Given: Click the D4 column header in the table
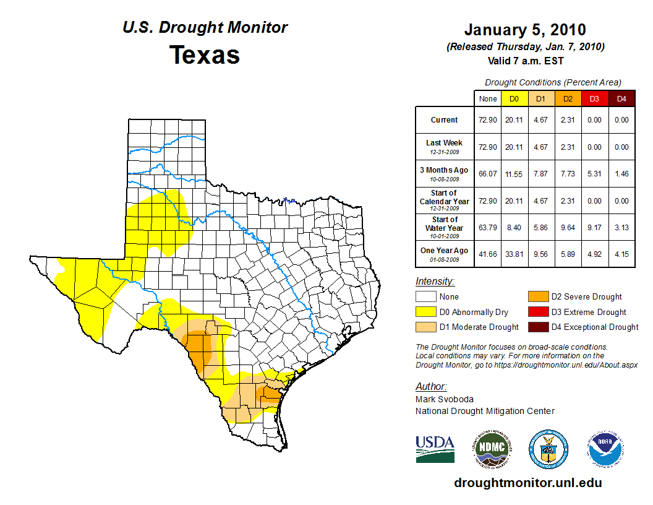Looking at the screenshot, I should pos(621,98).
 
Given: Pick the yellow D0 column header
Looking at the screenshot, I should pos(514,98).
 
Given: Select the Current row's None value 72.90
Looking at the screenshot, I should pos(488,120).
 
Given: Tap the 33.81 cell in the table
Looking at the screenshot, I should pos(514,254).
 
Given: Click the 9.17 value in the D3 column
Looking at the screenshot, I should pos(594,227).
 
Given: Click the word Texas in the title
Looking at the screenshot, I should pos(205,54).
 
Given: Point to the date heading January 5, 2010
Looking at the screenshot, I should pos(525,30).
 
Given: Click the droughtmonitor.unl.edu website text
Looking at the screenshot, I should pos(527,483).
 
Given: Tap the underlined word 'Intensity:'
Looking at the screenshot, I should pos(435,281).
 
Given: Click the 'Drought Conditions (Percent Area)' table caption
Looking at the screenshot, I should pos(553,82).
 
